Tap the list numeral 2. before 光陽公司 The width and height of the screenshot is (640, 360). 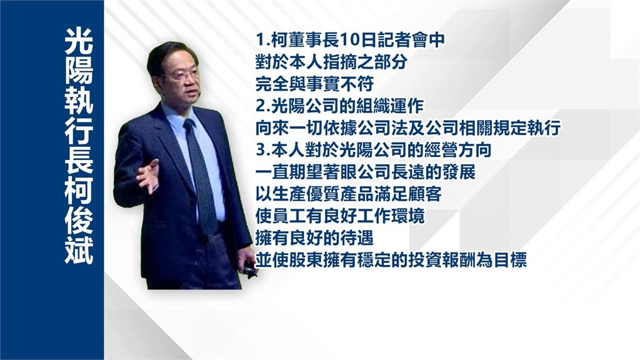click(263, 106)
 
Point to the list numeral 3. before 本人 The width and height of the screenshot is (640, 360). click(263, 151)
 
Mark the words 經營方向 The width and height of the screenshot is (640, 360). click(458, 151)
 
